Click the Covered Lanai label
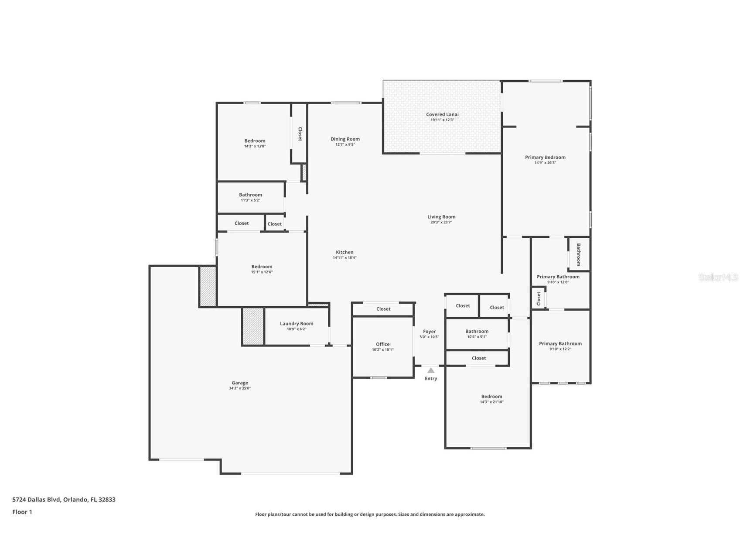click(442, 114)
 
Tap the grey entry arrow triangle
click(431, 370)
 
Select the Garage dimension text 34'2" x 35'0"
click(240, 388)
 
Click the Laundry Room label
click(297, 324)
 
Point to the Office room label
click(382, 344)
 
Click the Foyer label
click(429, 332)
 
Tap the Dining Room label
click(345, 139)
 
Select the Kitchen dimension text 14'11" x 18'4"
click(344, 258)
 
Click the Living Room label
click(441, 217)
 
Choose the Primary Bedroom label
click(545, 158)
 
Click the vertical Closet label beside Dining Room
click(300, 134)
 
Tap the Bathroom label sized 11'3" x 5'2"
click(250, 195)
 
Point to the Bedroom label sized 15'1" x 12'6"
click(262, 267)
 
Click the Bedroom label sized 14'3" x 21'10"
click(491, 397)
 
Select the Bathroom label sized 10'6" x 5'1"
click(477, 332)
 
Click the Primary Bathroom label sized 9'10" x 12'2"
click(560, 344)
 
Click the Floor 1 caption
click(22, 512)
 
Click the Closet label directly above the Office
click(383, 309)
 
